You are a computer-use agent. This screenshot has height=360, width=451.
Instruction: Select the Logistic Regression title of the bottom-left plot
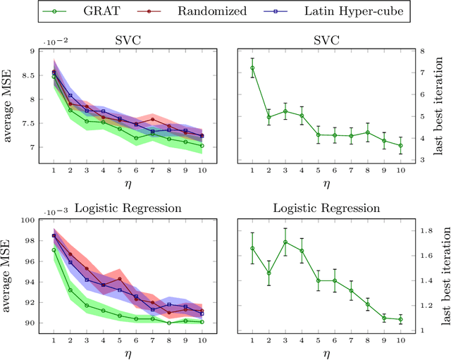click(128, 209)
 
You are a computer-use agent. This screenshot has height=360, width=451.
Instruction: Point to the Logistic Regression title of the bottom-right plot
click(326, 209)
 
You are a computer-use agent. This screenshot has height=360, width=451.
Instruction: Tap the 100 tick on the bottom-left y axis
click(28, 220)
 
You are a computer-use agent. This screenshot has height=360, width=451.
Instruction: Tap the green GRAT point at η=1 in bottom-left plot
click(54, 249)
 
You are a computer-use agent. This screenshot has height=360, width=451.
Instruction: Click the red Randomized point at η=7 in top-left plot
click(153, 119)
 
